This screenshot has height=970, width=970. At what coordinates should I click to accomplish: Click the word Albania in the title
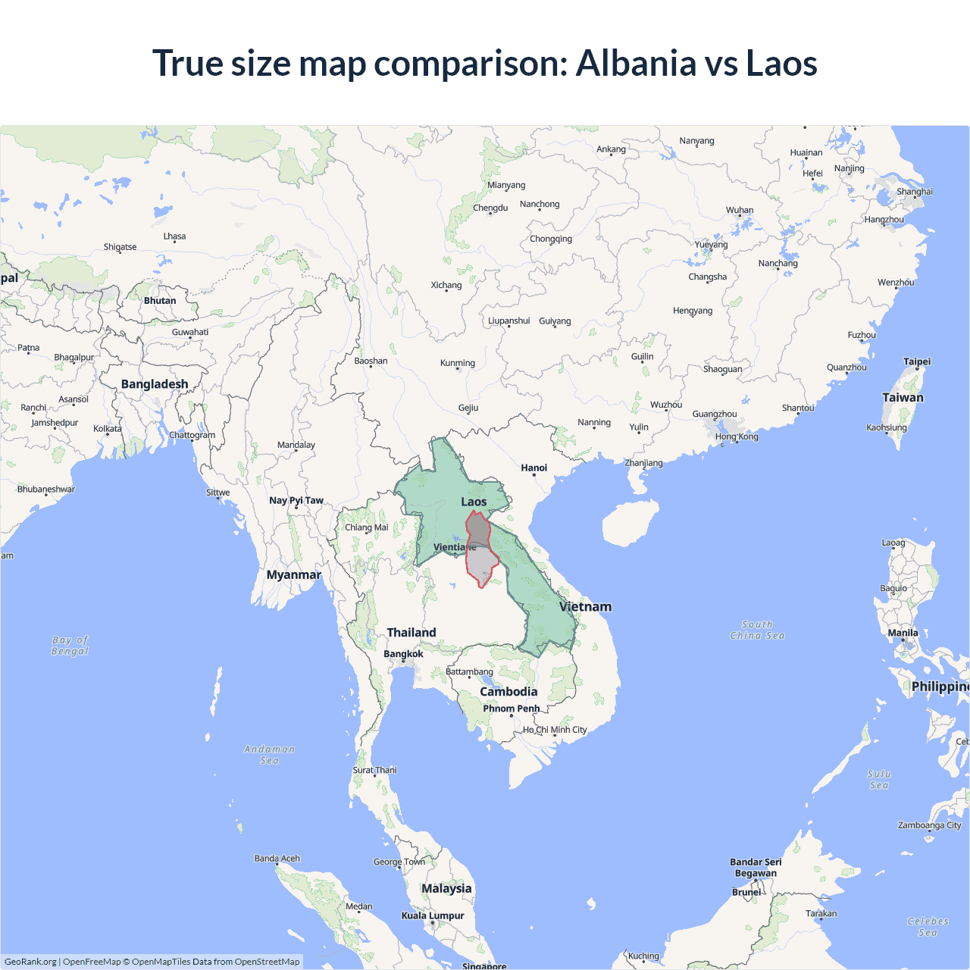635,63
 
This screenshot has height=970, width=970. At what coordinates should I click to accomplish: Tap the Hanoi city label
533,468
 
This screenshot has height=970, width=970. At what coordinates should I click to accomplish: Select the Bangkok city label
403,654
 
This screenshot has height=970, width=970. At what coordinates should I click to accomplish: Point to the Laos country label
474,502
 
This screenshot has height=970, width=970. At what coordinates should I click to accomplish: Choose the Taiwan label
903,397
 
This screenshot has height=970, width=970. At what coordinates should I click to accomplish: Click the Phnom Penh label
512,709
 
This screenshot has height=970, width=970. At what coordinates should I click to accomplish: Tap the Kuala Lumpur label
433,915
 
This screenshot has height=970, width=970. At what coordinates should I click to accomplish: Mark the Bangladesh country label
155,384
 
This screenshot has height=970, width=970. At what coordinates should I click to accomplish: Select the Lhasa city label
174,236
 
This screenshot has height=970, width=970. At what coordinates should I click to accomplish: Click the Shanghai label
915,192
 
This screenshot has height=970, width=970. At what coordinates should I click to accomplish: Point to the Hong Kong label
736,436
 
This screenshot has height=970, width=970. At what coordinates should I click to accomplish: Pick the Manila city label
903,633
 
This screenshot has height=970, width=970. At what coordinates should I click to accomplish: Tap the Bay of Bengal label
70,646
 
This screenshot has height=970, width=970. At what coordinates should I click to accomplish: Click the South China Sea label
757,630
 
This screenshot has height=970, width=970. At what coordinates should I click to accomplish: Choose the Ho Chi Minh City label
555,730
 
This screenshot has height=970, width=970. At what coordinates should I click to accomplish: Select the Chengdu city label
490,208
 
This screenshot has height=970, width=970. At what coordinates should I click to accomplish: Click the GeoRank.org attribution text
30,962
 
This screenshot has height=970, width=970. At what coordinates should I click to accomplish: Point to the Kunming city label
458,363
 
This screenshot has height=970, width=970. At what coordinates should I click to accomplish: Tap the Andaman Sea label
269,755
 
